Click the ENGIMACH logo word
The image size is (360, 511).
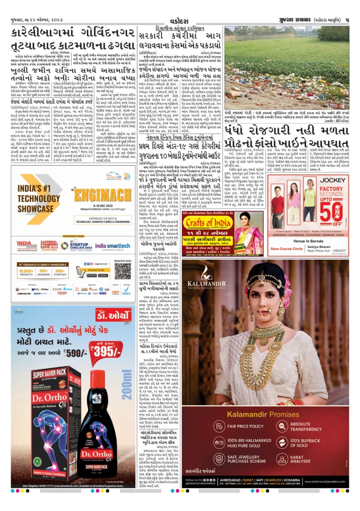coord(103,195)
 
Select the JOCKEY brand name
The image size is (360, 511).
coord(332,180)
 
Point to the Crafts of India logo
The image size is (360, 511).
coord(208,223)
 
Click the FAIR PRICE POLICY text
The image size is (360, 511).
coord(245,426)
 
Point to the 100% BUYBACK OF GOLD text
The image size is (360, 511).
coord(305,443)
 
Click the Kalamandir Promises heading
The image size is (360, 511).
coord(263,414)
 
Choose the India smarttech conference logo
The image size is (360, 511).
coord(112,247)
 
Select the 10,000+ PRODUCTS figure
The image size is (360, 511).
coord(26,272)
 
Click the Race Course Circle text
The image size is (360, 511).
coord(286,249)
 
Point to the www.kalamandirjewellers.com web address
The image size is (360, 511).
coord(325,481)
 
